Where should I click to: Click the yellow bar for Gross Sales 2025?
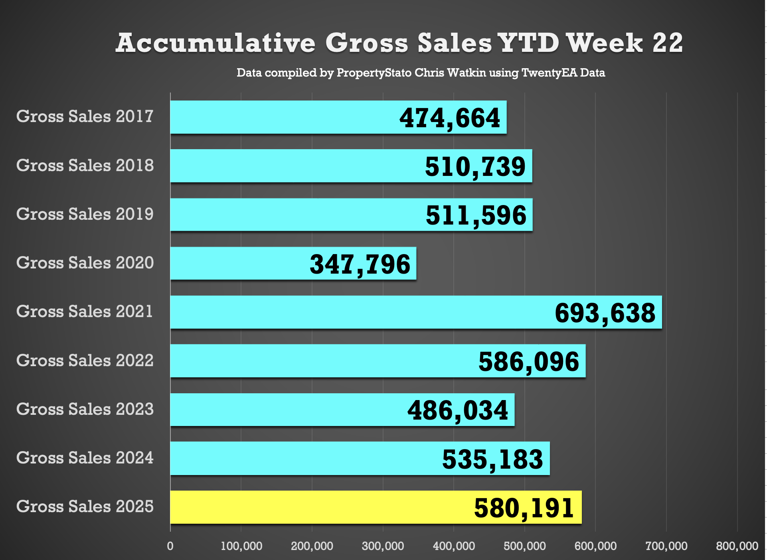[x=319, y=507]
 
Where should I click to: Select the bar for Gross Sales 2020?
[x=239, y=263]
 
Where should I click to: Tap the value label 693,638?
[x=605, y=313]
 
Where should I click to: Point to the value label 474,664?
[x=450, y=118]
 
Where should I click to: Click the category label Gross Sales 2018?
[x=85, y=166]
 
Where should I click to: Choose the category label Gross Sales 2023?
[x=85, y=409]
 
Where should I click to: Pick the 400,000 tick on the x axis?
[x=454, y=546]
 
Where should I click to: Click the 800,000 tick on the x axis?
[x=737, y=546]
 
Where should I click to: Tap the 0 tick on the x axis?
[x=170, y=546]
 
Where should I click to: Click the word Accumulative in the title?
[x=215, y=43]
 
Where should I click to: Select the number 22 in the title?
[x=668, y=43]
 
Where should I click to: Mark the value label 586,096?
[x=529, y=362]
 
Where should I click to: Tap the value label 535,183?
[x=492, y=459]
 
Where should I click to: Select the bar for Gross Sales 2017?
[x=279, y=117]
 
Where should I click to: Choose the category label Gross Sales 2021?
[x=85, y=312]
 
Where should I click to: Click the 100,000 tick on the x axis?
[x=241, y=546]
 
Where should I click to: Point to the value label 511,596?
[x=476, y=215]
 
